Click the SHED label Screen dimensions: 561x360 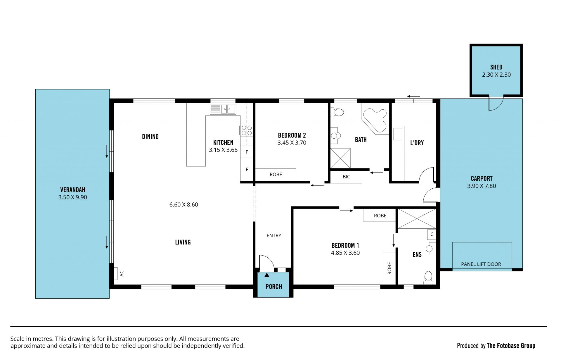click(496, 67)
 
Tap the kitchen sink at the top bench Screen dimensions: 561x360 click(223, 109)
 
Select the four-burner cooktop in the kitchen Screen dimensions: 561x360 click(247, 130)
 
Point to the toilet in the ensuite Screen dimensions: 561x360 click(428, 278)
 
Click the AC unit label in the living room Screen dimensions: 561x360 click(122, 273)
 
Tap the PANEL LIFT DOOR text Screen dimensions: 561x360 click(481, 264)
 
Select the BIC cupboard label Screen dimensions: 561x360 click(346, 177)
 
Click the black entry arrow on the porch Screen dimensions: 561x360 click(267, 275)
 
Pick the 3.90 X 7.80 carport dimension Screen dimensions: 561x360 click(482, 186)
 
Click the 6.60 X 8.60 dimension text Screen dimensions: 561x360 click(183, 205)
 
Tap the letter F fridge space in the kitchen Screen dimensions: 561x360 click(247, 169)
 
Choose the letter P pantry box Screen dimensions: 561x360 click(247, 152)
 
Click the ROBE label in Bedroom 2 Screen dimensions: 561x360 click(276, 175)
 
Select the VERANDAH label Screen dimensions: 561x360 click(73, 190)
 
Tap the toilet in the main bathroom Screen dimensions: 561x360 click(337, 112)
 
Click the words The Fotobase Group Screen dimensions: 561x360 click(511, 346)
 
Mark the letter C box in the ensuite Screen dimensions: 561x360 click(432, 234)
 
